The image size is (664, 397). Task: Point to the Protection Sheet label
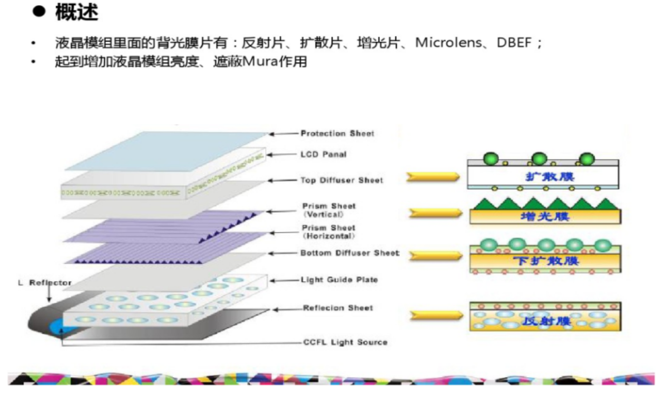[337, 134]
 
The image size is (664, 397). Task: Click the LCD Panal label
[323, 155]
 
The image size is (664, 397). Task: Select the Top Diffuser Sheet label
[342, 181]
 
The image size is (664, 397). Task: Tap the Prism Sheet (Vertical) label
[329, 210]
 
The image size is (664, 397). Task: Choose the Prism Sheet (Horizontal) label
[329, 232]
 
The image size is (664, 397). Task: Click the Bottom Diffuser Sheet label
[349, 253]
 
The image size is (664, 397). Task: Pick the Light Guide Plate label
[339, 280]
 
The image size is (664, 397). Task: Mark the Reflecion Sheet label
[337, 308]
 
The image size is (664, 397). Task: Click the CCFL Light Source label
[345, 342]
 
